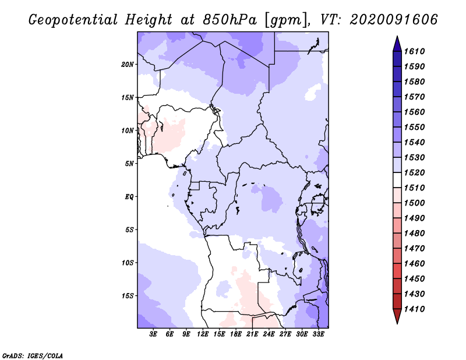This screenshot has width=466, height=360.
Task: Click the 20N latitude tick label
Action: click(x=128, y=65)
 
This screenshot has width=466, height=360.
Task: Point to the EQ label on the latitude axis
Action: click(x=129, y=197)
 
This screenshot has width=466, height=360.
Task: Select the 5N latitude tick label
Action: click(x=129, y=164)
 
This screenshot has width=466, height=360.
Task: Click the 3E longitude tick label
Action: click(x=153, y=334)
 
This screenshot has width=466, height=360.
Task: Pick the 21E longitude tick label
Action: click(x=252, y=334)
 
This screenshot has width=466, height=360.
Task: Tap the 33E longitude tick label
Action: click(x=318, y=334)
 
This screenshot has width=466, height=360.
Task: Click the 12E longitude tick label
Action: click(x=202, y=334)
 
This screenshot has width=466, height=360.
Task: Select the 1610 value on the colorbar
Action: click(x=414, y=51)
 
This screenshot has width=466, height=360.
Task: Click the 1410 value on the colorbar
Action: click(x=414, y=309)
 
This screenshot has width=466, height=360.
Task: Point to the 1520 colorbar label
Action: click(x=414, y=172)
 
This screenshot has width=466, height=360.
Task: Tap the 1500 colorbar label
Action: click(x=414, y=203)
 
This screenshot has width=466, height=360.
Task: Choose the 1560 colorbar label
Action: click(x=414, y=112)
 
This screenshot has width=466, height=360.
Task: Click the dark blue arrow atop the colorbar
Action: click(x=397, y=44)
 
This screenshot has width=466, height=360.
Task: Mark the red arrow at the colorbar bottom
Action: click(x=397, y=316)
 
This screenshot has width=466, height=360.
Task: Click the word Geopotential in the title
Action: click(x=73, y=20)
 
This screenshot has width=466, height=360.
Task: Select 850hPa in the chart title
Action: click(x=230, y=20)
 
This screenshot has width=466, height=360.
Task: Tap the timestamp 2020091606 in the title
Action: click(x=394, y=20)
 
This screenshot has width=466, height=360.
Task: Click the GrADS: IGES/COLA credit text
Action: click(x=33, y=356)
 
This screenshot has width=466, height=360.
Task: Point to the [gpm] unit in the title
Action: click(x=287, y=20)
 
